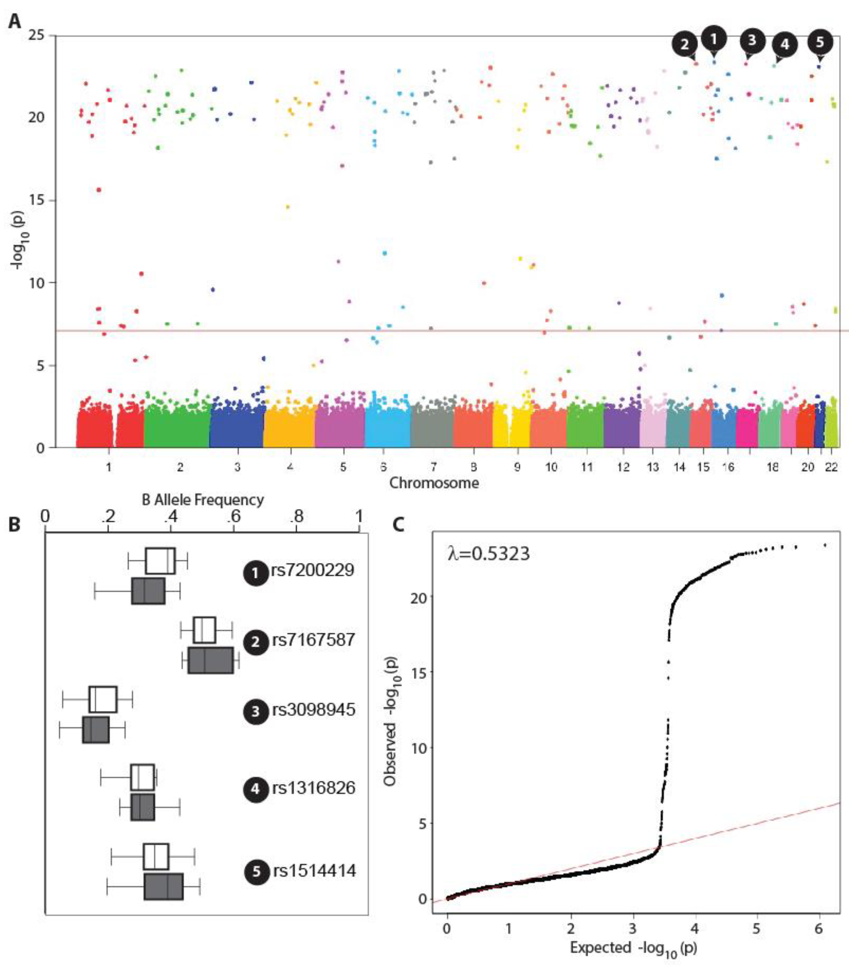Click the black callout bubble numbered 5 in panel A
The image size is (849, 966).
pos(820,42)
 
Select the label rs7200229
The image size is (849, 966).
pos(312,570)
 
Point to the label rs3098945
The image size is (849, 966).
pos(313,710)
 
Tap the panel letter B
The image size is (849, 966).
pos(14,524)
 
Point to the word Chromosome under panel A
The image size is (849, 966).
pos(434,483)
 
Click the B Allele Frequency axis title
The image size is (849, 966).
pos(203,500)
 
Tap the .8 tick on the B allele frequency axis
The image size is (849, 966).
pos(296,516)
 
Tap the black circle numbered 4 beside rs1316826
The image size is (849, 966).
pos(255,788)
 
